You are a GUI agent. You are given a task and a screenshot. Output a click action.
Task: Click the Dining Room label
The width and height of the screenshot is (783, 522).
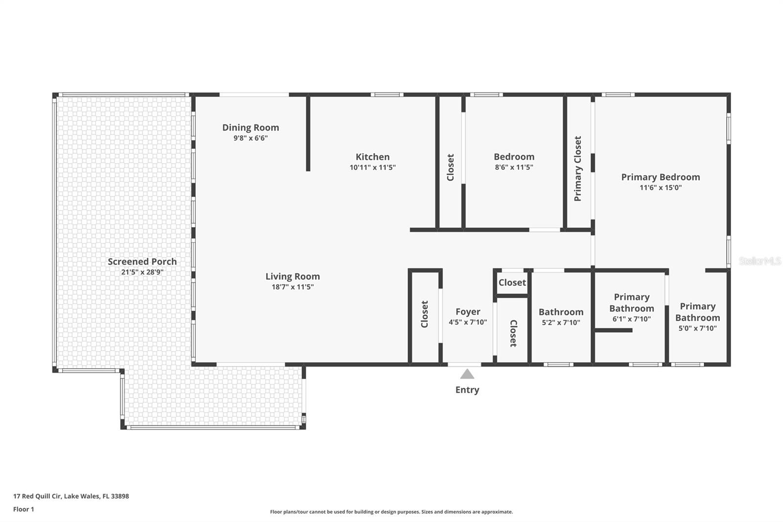pos(251,127)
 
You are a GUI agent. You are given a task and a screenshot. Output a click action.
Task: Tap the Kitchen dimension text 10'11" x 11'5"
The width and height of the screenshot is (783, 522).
pos(372,167)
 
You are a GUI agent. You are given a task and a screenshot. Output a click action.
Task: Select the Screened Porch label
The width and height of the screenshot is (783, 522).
pos(142,261)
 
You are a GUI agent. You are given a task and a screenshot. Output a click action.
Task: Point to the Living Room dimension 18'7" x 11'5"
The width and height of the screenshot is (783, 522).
pos(293,287)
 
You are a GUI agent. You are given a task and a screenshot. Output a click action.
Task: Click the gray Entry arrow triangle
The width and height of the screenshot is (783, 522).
pos(467,375)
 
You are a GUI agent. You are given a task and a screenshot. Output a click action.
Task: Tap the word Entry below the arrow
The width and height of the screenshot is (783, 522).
pos(467,390)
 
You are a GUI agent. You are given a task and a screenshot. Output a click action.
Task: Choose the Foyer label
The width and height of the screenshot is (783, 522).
pos(468,311)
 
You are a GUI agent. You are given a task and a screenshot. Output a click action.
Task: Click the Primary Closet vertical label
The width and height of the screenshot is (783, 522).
pos(578,168)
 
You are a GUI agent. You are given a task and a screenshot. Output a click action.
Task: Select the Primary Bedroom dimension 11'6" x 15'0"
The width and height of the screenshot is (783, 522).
pos(660,188)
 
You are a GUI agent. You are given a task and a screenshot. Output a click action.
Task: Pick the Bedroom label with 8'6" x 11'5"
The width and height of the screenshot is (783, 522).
pos(514,157)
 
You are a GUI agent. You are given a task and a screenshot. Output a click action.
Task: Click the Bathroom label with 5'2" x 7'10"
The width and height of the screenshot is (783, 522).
pos(561,312)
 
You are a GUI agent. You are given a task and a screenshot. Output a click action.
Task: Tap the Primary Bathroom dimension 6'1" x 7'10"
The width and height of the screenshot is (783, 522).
pos(631,319)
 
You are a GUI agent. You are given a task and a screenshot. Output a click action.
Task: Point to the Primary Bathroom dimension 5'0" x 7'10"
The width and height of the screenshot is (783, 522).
pos(697,329)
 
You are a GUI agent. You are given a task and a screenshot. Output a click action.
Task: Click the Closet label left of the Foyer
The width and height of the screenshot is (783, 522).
pos(425,314)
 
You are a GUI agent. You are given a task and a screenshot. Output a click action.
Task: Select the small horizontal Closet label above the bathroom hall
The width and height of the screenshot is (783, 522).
pos(512,283)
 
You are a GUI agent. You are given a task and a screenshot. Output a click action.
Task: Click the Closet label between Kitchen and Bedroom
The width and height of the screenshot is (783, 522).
pos(451,167)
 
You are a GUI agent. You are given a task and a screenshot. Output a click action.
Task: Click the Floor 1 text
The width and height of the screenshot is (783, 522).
pos(23,509)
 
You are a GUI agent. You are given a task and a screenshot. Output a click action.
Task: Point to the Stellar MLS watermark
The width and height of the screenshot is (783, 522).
pos(760,261)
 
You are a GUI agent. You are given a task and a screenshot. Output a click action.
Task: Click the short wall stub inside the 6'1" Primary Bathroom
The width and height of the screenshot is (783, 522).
pos(614,330)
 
